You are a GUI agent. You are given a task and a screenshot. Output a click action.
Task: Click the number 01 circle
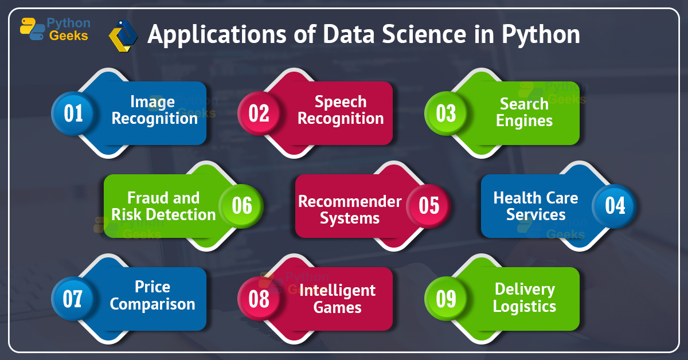click(73, 113)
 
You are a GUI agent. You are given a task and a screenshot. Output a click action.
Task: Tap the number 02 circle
click(259, 113)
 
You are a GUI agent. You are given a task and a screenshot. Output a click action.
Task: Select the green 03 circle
click(445, 113)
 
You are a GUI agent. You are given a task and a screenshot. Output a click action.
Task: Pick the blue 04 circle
click(615, 206)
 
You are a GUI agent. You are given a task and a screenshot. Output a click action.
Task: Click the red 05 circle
click(428, 206)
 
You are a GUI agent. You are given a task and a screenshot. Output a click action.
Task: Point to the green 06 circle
click(241, 206)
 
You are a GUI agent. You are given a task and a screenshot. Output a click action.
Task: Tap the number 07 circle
click(73, 299)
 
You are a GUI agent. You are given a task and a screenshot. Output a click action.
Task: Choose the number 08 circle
click(259, 299)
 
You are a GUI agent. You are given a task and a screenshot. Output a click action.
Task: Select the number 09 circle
click(445, 299)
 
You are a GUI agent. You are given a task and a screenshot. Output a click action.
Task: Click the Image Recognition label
click(154, 110)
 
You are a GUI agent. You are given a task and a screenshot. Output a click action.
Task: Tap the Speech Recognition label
click(341, 110)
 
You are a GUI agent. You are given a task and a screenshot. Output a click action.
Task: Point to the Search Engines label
click(524, 112)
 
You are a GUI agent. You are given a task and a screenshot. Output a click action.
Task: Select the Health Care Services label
click(535, 206)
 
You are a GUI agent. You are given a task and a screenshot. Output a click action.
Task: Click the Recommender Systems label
click(350, 210)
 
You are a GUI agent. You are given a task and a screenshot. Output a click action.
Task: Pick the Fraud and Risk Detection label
click(163, 206)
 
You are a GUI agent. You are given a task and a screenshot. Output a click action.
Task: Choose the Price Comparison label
click(153, 295)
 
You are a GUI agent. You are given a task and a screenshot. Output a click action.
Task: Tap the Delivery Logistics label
click(524, 298)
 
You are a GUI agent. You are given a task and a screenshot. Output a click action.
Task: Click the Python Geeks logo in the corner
click(55, 29)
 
